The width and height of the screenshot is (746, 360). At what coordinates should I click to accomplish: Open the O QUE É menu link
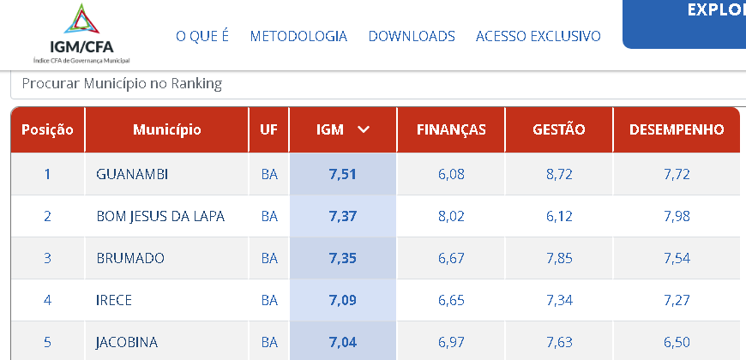202,36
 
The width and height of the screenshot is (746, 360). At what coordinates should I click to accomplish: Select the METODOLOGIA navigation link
298,36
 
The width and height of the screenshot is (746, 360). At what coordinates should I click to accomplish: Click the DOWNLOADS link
412,36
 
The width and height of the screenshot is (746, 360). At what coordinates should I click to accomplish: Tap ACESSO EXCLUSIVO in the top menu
538,36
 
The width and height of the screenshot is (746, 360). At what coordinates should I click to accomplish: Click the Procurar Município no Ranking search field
377,84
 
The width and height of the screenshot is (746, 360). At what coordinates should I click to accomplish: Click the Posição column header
47,130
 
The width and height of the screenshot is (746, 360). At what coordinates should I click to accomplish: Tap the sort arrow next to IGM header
364,130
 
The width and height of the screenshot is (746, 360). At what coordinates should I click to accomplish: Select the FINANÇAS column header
451,130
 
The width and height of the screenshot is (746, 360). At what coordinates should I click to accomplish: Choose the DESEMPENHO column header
677,130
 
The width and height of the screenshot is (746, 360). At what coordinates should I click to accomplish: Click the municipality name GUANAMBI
132,174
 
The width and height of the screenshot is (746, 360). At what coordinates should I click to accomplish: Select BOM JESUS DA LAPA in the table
160,216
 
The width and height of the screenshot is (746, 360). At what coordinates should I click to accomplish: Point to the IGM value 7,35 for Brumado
342,258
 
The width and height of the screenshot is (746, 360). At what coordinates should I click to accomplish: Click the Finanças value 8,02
451,216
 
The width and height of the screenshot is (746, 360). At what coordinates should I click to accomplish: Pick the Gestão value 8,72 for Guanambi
559,174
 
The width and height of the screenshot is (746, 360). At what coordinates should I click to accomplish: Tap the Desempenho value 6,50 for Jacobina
677,342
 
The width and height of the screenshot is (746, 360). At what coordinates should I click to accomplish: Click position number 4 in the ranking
47,300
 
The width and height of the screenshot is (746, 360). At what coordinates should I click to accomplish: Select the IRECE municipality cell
114,300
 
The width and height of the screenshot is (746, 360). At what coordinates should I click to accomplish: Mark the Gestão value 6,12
559,216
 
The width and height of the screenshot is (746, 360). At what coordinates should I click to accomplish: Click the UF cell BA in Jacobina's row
269,342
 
